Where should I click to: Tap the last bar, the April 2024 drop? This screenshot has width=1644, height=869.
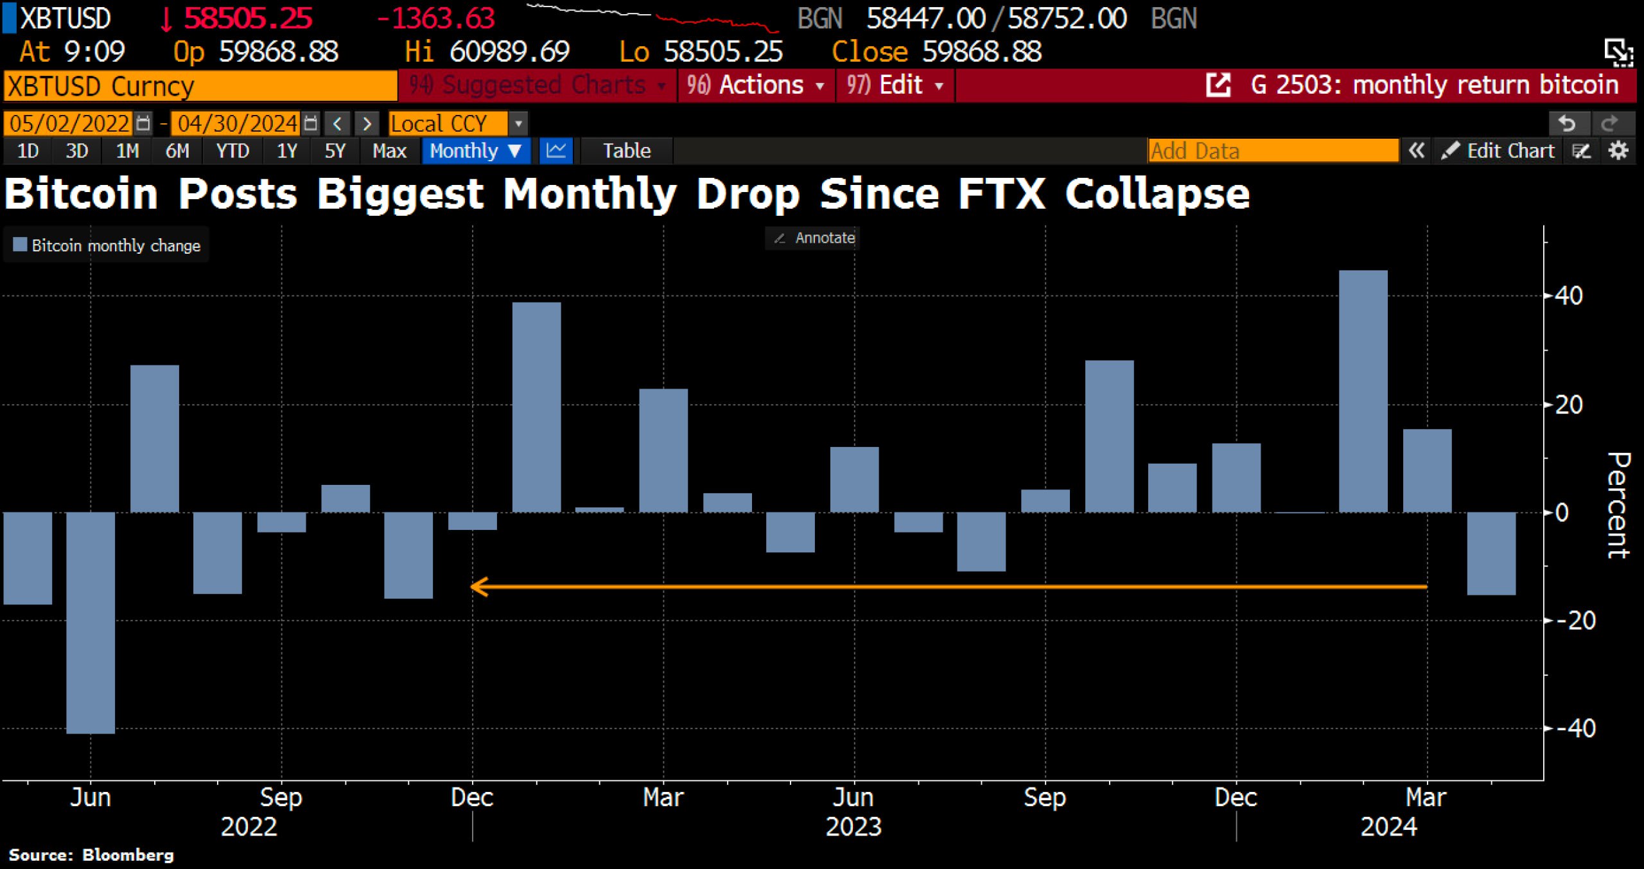[1491, 553]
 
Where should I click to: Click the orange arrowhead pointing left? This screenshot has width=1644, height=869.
[479, 586]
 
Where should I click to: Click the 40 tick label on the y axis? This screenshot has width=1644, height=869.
[1568, 296]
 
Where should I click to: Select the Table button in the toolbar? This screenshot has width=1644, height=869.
[626, 151]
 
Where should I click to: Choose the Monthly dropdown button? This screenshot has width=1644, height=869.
[475, 151]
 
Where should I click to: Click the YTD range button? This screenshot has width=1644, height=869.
[232, 151]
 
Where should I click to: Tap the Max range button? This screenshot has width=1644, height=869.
[389, 151]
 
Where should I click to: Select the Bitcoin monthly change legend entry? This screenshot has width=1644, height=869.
[107, 245]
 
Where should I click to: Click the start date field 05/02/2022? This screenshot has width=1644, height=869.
[69, 123]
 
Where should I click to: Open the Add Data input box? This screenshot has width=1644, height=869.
[1272, 151]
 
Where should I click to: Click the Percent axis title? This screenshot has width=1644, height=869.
[1618, 505]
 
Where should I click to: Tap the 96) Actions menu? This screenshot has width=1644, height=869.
[755, 85]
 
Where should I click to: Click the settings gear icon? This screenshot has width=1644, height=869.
[1618, 151]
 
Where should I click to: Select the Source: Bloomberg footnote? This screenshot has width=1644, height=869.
[91, 855]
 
